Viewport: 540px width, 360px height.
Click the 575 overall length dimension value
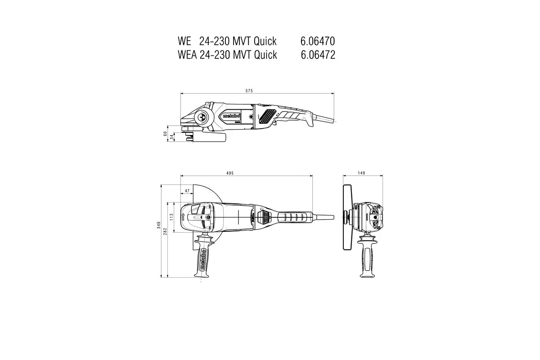[249, 91]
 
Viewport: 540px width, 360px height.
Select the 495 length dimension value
[230, 173]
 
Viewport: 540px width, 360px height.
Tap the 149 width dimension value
[362, 173]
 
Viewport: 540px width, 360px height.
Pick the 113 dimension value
[171, 217]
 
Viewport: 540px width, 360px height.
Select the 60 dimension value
[166, 134]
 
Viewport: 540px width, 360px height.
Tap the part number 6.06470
[317, 41]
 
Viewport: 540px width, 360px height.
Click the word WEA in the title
[187, 55]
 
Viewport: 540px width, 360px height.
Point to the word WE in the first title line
[184, 41]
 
